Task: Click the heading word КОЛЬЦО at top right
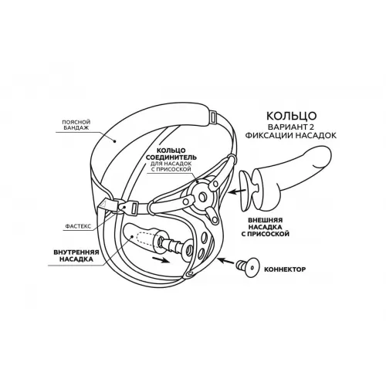point(291,116)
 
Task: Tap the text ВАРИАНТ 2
point(291,127)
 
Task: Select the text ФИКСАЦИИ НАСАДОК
point(291,136)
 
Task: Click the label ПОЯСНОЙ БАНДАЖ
point(76,125)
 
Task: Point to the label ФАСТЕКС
point(78,226)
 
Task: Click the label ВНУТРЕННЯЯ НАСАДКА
point(76,256)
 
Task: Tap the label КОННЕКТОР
point(285,269)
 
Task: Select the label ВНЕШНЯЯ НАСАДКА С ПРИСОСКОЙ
point(266,227)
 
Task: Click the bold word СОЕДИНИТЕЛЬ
point(171,157)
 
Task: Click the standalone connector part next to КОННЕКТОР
point(248,268)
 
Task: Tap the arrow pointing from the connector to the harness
point(227,262)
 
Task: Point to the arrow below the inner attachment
point(161,259)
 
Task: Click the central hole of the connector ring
point(202,197)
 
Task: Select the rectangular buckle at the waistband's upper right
point(213,117)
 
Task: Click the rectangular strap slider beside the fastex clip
point(135,207)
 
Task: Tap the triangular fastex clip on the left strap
point(107,205)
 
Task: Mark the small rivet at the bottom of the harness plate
point(190,273)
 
